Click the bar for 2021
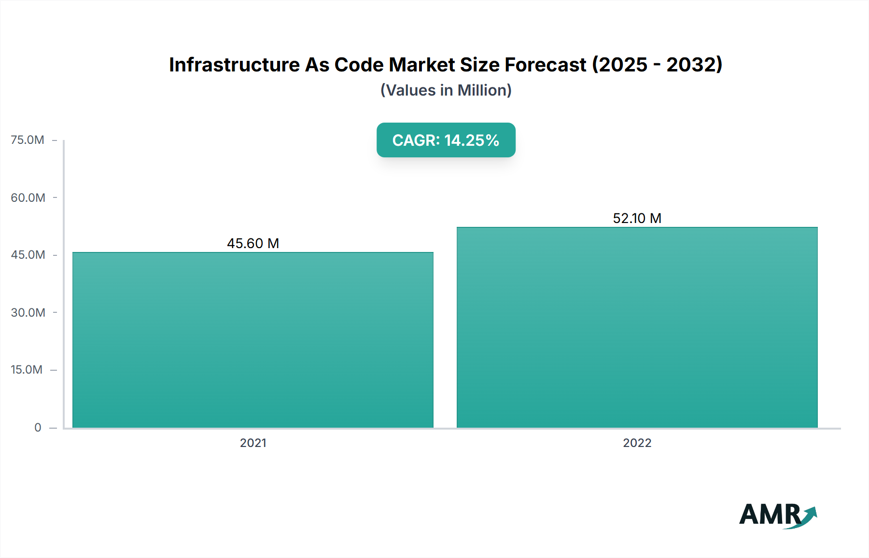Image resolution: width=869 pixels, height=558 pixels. [253, 340]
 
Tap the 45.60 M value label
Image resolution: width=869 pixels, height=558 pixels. [253, 243]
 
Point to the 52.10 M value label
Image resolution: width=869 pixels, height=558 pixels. [637, 218]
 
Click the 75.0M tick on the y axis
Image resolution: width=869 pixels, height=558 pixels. [28, 140]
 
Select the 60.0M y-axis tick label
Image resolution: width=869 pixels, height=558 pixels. [28, 197]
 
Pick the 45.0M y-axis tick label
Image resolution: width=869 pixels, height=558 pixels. [28, 255]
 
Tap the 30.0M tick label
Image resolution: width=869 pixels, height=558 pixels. [28, 312]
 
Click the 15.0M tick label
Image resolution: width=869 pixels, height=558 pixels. [27, 370]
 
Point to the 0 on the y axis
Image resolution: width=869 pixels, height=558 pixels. [38, 427]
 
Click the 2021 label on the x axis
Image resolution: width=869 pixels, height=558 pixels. [253, 443]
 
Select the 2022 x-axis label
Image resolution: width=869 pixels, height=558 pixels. [637, 443]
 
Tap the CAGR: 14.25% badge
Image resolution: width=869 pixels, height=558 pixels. [446, 140]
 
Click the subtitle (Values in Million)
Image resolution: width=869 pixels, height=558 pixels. [446, 90]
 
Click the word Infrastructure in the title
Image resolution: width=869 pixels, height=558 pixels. [235, 65]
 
